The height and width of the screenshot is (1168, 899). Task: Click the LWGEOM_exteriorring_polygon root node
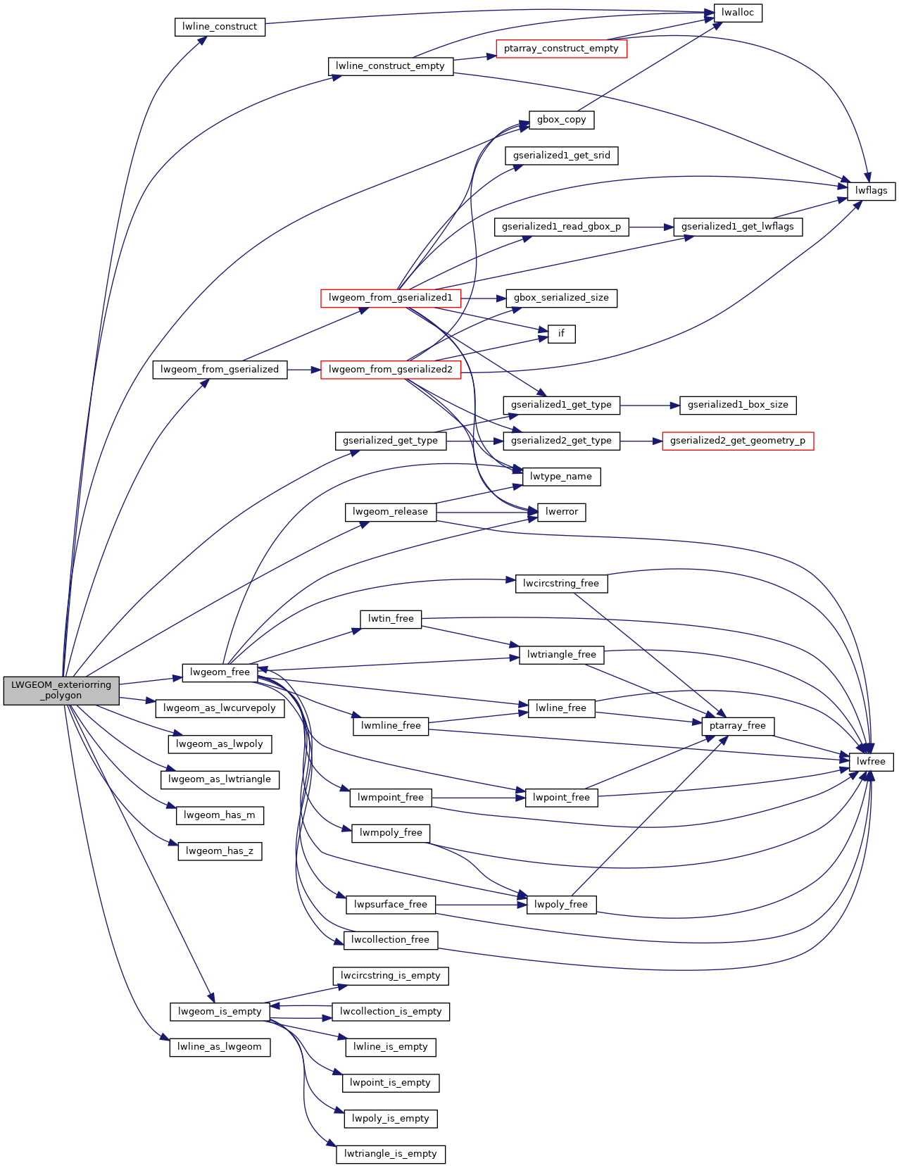61,690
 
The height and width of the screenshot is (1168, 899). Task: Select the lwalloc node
738,13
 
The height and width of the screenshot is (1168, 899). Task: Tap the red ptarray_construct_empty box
561,49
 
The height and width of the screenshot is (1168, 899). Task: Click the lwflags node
871,191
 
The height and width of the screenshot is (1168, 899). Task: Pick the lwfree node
871,762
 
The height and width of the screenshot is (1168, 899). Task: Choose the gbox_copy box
561,120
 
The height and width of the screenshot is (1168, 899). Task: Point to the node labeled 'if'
561,334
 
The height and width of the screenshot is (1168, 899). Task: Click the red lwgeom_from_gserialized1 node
390,298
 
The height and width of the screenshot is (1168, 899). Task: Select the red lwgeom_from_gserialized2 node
390,370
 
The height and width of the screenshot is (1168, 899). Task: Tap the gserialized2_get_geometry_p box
737,441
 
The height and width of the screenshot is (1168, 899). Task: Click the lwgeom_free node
220,672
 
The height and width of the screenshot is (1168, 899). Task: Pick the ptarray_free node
737,726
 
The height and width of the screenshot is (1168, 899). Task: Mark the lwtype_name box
560,477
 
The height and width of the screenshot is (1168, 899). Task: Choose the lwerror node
561,512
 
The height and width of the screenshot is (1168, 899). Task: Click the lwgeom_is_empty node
220,1012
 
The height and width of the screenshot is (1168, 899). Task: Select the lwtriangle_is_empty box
390,1154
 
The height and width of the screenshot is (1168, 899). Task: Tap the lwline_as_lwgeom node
220,1047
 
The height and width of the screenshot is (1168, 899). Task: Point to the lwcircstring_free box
560,584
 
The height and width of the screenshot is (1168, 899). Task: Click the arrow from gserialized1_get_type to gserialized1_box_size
649,406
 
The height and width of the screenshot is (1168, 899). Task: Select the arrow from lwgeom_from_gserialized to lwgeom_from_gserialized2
303,370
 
